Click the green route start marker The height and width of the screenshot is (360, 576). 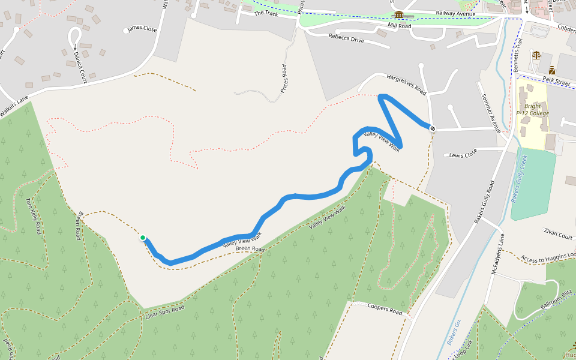point(143,238)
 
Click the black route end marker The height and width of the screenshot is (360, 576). point(432,127)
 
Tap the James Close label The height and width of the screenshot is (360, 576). point(142,29)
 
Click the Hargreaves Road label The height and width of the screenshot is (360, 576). point(406,85)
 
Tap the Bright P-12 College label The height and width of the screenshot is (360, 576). point(532,110)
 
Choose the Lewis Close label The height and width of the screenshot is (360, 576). point(463,155)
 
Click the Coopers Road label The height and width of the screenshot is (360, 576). point(385,309)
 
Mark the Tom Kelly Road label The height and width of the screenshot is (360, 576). point(33,215)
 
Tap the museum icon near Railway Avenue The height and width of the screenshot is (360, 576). point(399,15)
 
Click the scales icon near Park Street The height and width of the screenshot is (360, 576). point(536,55)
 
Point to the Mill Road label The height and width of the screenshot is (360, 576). point(400,26)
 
